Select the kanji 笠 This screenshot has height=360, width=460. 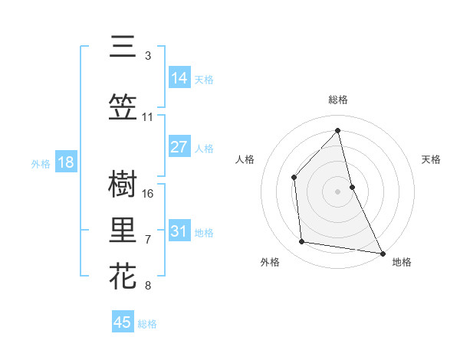tap(123, 108)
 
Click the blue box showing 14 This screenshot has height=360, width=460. tap(179, 78)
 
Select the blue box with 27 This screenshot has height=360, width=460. tap(179, 147)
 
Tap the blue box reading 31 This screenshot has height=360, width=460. tap(179, 231)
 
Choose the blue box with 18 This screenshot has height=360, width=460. tap(65, 162)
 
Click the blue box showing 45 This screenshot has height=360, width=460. tap(123, 322)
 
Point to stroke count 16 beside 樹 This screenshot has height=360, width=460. tap(149, 193)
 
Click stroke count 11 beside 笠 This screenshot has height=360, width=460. tap(148, 117)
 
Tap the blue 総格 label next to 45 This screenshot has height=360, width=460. tap(147, 324)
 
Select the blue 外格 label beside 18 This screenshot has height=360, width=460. tap(41, 163)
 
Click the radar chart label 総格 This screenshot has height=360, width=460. tap(338, 100)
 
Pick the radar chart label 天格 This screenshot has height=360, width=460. tap(432, 159)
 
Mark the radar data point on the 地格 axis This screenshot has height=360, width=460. tap(382, 253)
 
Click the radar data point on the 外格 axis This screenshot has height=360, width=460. tap(302, 242)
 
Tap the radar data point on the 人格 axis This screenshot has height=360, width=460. tap(294, 177)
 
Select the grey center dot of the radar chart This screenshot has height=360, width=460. tap(338, 191)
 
